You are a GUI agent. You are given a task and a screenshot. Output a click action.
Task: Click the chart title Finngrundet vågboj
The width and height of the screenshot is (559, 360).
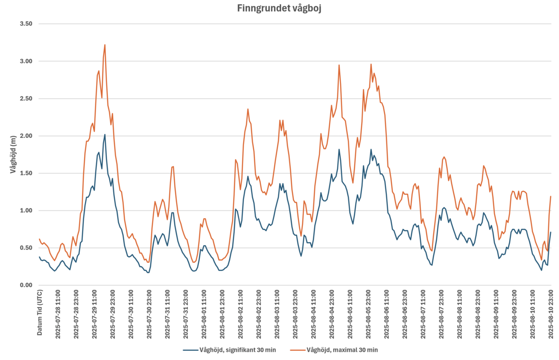(279, 8)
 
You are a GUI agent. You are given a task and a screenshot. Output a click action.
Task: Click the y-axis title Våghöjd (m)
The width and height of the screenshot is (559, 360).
(13, 154)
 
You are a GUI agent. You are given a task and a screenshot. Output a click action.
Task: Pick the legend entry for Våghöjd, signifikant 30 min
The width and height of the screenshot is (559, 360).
(229, 350)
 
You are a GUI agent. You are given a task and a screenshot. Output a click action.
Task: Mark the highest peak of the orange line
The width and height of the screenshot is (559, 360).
(105, 45)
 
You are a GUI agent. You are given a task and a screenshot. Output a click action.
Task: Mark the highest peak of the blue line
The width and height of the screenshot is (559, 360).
(105, 134)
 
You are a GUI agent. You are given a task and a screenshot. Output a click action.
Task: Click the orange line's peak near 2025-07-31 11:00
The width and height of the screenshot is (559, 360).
(173, 166)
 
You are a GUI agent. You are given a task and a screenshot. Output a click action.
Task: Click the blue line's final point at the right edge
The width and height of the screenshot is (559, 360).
(551, 232)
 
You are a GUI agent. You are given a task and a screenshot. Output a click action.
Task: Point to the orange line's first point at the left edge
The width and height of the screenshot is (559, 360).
(39, 239)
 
